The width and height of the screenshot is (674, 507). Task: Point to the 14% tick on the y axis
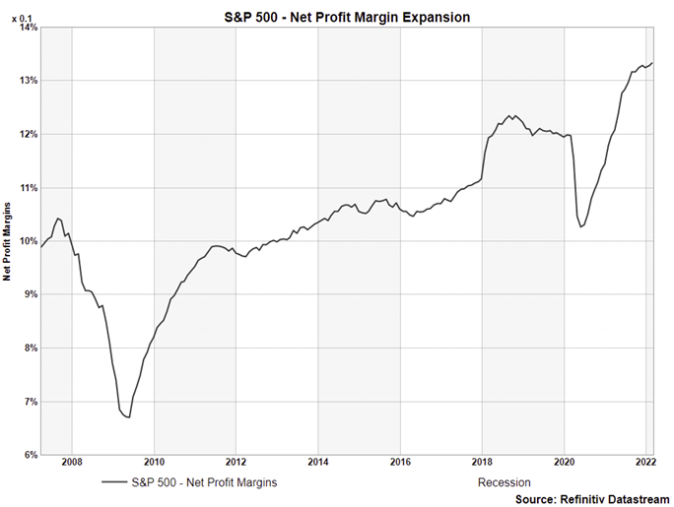[27, 28]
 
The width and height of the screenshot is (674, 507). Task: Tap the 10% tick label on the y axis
[27, 241]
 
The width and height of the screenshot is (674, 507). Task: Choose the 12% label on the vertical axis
[27, 134]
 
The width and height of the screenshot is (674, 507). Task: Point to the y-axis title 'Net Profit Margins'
[7, 241]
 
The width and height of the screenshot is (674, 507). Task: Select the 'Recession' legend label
[504, 482]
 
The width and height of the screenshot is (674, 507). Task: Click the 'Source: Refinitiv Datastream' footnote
[589, 499]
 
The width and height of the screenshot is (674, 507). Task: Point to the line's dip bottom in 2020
[581, 227]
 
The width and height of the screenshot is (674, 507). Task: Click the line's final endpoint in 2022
[652, 63]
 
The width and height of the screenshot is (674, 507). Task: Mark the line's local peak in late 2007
[59, 218]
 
